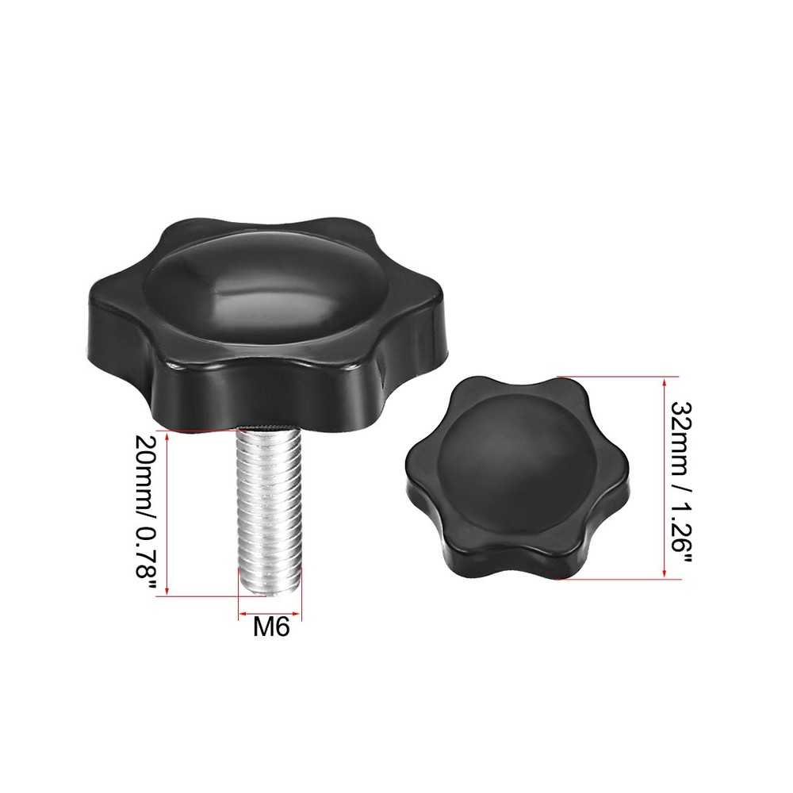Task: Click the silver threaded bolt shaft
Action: (x=270, y=508)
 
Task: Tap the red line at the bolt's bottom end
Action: (x=198, y=596)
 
